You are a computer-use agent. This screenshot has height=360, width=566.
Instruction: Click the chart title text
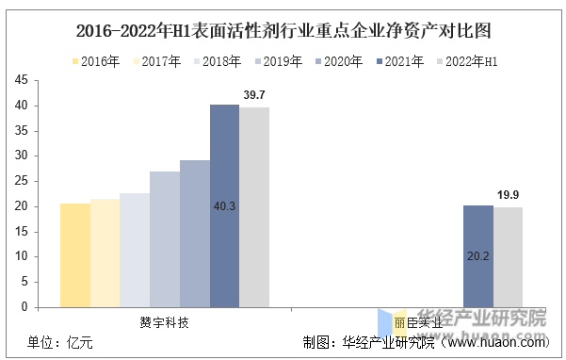coord(283,30)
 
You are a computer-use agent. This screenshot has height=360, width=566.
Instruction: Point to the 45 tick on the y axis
coord(21,81)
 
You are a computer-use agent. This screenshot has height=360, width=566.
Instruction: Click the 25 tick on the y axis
coord(21,181)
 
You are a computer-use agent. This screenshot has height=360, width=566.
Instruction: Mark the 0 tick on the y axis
coord(24,306)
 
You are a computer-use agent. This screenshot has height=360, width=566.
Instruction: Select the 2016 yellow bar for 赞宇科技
coord(75,254)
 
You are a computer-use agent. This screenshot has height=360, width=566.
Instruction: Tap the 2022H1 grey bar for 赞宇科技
coord(254,207)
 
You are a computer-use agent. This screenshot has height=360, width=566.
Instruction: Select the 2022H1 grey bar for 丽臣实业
coord(508,257)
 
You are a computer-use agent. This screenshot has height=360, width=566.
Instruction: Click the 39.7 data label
coord(254,95)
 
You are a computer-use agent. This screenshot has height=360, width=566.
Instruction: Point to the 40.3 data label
coord(225,205)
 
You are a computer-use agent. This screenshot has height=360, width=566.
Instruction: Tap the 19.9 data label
coord(508,195)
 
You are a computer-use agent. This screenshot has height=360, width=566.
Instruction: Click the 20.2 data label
coord(477,254)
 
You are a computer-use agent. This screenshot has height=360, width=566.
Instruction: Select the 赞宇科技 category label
coord(165,322)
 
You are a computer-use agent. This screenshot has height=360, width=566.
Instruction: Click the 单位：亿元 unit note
coord(60,342)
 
